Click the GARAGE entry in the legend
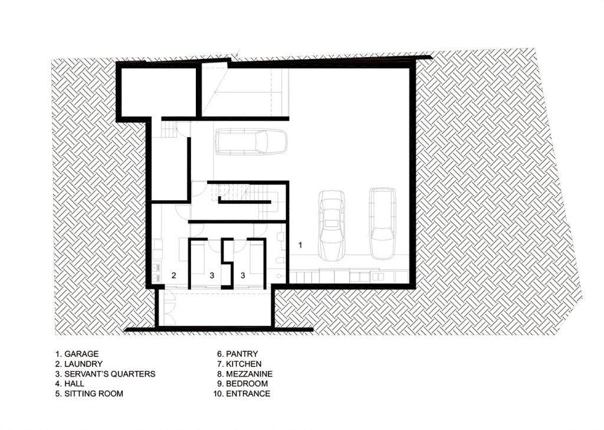(77, 354)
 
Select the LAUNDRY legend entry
(79, 364)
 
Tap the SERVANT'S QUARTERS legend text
(105, 374)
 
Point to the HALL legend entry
(70, 383)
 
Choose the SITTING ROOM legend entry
(89, 393)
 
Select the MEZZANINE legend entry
(245, 374)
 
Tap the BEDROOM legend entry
(242, 383)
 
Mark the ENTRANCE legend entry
(241, 393)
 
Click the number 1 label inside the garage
(300, 244)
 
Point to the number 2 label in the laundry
(174, 276)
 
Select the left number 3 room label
(212, 276)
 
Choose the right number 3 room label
(242, 276)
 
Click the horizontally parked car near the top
(251, 142)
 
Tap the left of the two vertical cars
(331, 225)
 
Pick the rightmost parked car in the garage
(382, 223)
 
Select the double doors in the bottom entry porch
(169, 307)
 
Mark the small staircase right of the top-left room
(168, 130)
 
